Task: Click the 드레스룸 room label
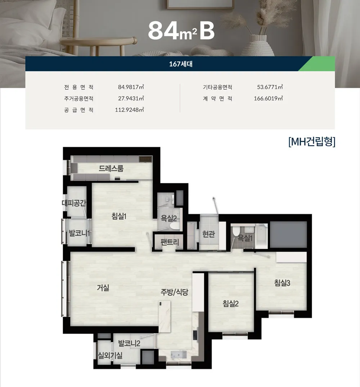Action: (111, 168)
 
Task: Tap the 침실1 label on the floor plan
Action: (119, 217)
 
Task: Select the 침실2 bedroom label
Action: (231, 304)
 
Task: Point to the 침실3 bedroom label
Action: (282, 283)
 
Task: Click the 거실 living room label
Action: (103, 288)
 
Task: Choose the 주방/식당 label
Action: (174, 292)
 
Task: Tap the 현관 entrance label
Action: (208, 234)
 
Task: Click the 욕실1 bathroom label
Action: (245, 238)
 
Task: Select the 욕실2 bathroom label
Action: (168, 218)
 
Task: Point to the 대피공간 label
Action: (74, 203)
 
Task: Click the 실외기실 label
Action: (110, 356)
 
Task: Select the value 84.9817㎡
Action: (131, 87)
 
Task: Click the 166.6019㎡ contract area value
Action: (268, 98)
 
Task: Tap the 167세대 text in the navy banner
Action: (180, 64)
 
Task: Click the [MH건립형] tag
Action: (312, 142)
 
